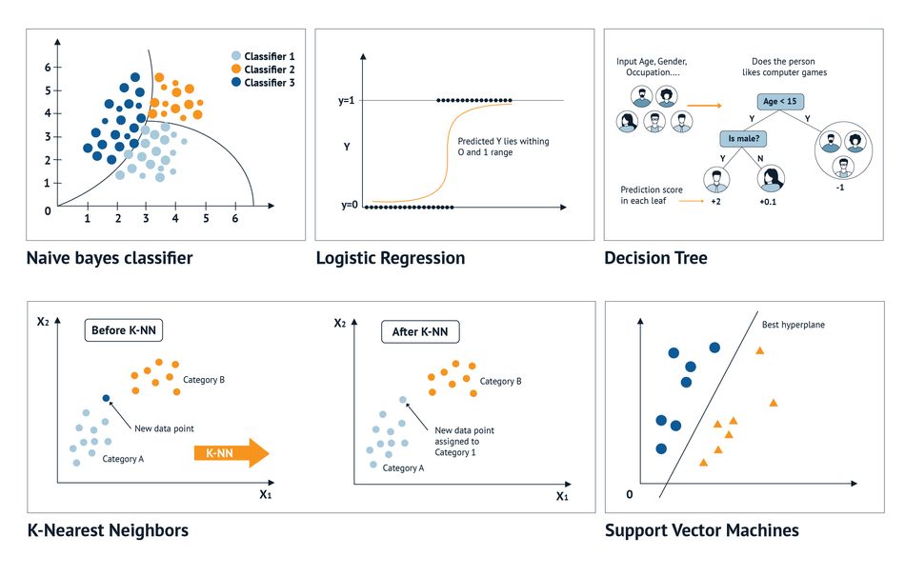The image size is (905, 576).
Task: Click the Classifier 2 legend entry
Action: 263,70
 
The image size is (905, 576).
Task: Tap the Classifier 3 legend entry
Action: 263,83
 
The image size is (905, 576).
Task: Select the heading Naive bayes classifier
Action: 110,258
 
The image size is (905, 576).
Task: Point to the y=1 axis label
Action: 347,101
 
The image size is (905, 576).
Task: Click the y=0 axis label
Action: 350,206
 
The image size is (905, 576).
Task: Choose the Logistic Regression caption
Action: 391,258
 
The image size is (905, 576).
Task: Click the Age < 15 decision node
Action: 780,102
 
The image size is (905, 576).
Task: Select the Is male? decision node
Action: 743,138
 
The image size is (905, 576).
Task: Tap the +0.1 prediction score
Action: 768,202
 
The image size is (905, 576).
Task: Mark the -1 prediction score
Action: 840,188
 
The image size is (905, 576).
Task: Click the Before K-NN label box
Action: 124,330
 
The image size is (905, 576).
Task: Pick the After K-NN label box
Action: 420,332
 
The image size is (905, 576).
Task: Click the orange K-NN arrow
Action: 231,452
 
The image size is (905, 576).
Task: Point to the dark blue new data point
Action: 106,398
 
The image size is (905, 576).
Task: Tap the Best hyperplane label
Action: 793,325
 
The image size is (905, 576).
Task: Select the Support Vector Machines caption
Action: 702,530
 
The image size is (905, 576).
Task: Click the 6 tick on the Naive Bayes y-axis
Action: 48,68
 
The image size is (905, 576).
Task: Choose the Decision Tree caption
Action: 655,258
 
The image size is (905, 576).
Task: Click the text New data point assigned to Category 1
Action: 464,441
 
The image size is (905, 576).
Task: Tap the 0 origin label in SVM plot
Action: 629,494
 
